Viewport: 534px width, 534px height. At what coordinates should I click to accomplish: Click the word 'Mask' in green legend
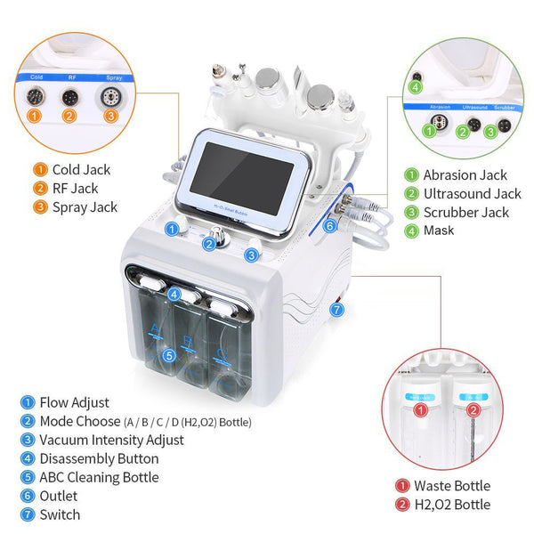(x=439, y=231)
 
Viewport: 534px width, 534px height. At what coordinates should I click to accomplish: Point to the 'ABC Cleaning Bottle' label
(x=99, y=477)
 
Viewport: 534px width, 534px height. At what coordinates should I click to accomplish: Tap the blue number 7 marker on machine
(x=336, y=310)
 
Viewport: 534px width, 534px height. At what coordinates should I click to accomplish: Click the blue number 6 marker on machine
(x=329, y=226)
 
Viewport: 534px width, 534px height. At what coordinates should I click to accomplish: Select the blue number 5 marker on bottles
(x=169, y=355)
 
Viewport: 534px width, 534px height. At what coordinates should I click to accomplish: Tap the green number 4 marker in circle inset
(x=415, y=86)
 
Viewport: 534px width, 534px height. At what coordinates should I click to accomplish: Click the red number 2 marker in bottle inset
(x=473, y=410)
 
